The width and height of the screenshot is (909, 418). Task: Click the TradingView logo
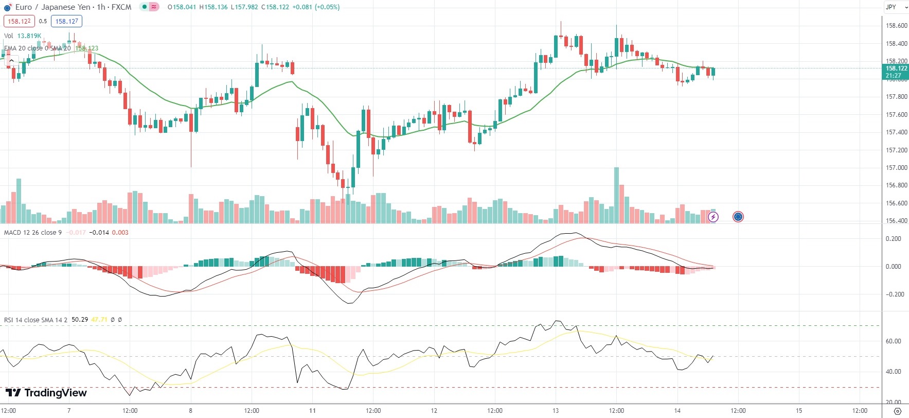click(46, 393)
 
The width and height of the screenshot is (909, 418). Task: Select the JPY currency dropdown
click(896, 7)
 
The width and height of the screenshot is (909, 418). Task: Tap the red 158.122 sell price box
click(19, 21)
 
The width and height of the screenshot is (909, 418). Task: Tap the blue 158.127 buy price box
click(66, 21)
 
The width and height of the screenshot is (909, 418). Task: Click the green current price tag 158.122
click(896, 72)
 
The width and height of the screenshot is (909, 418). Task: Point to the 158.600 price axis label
click(896, 26)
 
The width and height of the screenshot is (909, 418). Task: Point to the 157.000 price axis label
click(896, 168)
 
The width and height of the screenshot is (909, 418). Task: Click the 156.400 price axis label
click(896, 221)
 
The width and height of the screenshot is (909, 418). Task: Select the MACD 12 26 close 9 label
click(33, 233)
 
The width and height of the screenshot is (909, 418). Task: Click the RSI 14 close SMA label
click(35, 320)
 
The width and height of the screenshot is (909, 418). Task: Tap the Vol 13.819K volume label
click(23, 36)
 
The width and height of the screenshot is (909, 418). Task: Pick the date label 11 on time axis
click(312, 411)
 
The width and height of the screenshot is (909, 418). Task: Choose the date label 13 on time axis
click(556, 411)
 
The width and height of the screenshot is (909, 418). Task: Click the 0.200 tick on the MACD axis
click(894, 239)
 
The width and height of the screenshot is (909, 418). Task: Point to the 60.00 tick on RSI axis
click(894, 341)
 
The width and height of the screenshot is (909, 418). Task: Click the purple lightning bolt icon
click(713, 217)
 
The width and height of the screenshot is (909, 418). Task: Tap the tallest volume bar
click(616, 196)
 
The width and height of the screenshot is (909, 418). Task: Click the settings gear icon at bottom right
click(898, 411)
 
